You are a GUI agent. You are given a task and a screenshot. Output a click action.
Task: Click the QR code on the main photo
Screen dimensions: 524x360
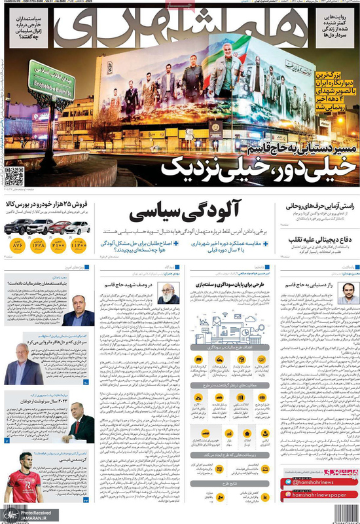tap(14, 176)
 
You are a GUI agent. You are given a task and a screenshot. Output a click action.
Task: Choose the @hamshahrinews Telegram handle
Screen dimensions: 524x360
tap(319, 483)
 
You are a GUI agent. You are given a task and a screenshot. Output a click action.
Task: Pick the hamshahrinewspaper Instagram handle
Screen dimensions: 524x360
tap(319, 496)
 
